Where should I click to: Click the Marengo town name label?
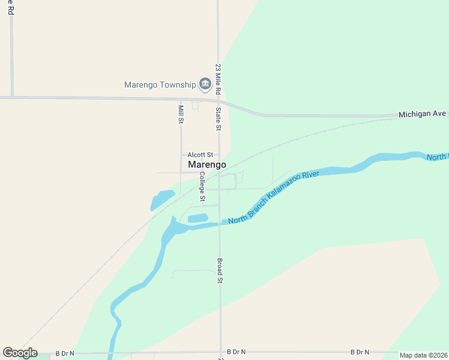[207, 164]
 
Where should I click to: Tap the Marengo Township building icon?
[205, 84]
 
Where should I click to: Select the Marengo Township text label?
[160, 85]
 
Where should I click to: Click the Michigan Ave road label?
[423, 113]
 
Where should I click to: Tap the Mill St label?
[181, 114]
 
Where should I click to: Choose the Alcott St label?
[200, 154]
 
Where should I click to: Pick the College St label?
[202, 187]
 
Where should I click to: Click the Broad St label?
[220, 271]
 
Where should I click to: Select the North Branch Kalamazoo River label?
[273, 197]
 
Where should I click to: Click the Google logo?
[20, 353]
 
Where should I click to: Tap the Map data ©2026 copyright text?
[423, 355]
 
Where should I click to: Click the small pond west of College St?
[161, 199]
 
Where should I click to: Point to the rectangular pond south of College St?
[198, 218]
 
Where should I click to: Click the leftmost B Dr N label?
[65, 352]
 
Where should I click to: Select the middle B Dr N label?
[237, 352]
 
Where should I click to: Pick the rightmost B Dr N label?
[360, 352]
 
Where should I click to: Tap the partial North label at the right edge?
[438, 157]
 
